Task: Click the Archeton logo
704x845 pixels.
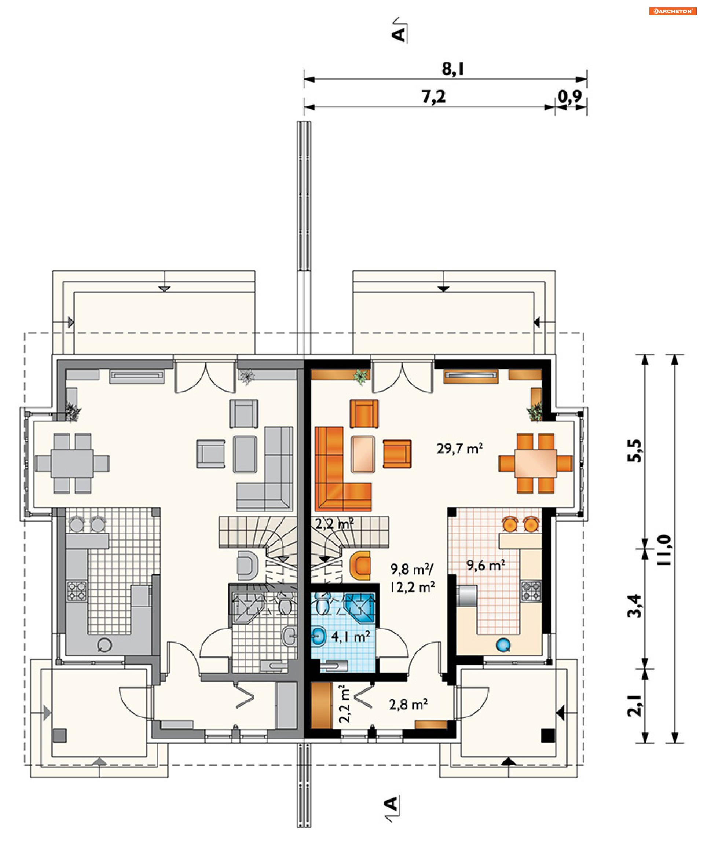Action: (672, 11)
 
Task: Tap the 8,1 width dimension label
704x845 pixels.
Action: (452, 69)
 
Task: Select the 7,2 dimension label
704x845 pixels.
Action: (433, 96)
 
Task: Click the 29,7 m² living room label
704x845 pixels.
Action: (459, 448)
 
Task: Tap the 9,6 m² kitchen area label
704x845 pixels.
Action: (485, 565)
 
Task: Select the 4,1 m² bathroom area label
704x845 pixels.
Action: (350, 637)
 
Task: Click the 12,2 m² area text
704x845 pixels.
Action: (412, 587)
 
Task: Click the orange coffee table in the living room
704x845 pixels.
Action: (363, 454)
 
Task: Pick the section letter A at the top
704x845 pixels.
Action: (398, 34)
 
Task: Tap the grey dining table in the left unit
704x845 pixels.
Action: (72, 463)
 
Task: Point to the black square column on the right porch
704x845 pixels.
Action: (547, 736)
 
